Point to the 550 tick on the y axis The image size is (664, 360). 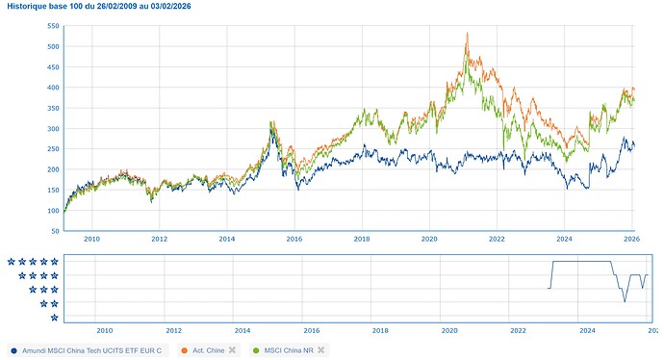pos(54,26)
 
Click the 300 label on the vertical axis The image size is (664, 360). pos(54,129)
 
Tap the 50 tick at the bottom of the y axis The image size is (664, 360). pos(56,232)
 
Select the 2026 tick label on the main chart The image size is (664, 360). pos(632,239)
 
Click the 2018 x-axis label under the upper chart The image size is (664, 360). pos(362,239)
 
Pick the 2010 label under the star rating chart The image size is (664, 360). pos(105,329)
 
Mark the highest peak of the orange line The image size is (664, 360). pos(467,34)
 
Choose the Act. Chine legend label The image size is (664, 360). pos(210,349)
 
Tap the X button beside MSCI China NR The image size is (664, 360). pos(321,349)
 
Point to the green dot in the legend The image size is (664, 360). pos(256,349)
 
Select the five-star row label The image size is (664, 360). pos(32,262)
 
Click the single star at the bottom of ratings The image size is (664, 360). pos(54,318)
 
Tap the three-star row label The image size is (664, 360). pos(43,290)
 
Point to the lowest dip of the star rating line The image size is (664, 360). pos(625,302)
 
